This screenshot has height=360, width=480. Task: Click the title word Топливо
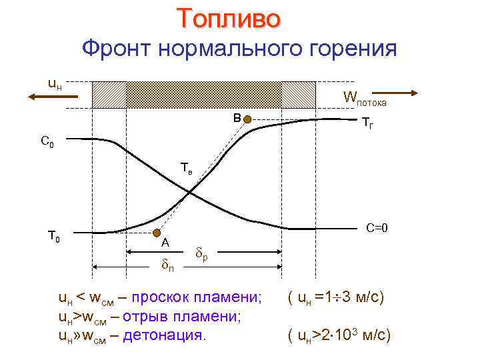(229, 19)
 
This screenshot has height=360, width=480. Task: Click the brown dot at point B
(247, 119)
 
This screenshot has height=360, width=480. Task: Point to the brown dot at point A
(157, 233)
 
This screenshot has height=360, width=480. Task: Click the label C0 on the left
(47, 141)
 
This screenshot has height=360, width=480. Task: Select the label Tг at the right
(367, 123)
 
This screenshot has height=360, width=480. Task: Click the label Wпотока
(364, 98)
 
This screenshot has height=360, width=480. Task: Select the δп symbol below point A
(169, 265)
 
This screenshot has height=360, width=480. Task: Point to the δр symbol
(203, 254)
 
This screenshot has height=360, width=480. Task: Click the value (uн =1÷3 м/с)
(335, 297)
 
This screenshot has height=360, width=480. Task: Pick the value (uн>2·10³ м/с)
(338, 335)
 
